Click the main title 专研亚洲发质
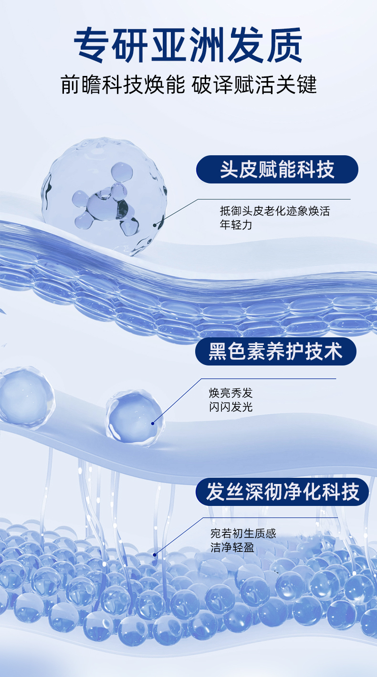click(x=188, y=46)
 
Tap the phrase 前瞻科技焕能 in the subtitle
click(x=123, y=85)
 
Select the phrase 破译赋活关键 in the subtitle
click(x=254, y=85)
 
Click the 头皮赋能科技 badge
click(x=277, y=169)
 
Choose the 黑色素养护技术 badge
click(x=275, y=352)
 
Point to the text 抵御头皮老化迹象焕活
click(x=274, y=211)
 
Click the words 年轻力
click(x=236, y=225)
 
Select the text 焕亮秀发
click(x=230, y=393)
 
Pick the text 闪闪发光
click(x=230, y=407)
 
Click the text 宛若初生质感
click(x=243, y=534)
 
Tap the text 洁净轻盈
click(x=232, y=548)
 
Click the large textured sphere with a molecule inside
click(x=104, y=196)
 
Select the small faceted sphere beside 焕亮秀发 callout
click(x=134, y=418)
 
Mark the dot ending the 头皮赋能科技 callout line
click(x=155, y=224)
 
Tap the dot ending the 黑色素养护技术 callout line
click(x=153, y=423)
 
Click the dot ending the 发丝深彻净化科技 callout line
click(x=154, y=555)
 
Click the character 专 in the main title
click(x=93, y=46)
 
